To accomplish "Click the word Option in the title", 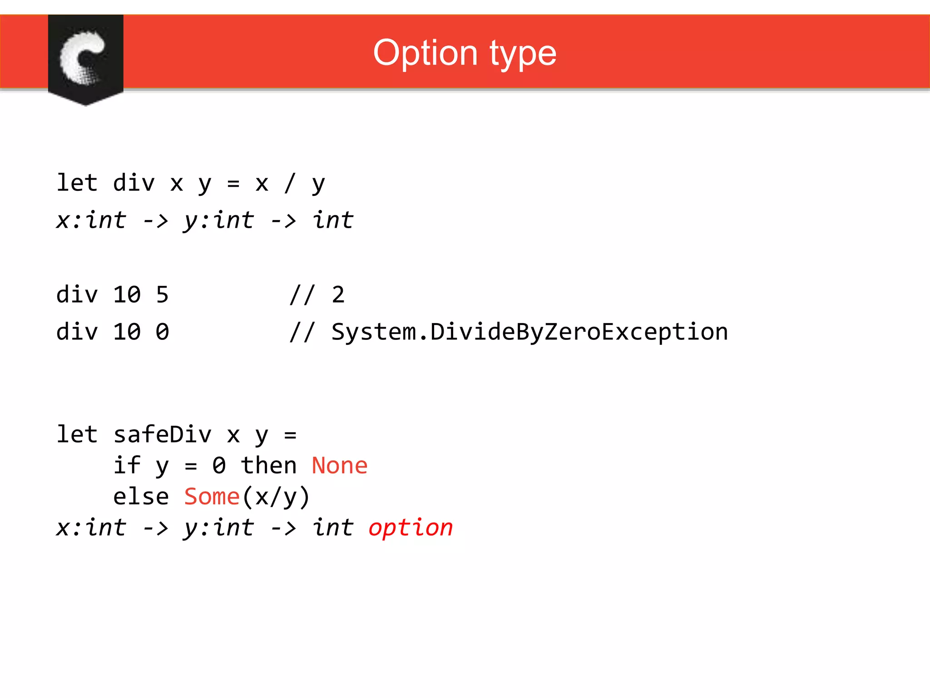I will [425, 53].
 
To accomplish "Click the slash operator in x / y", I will [290, 183].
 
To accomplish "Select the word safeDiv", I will [162, 434].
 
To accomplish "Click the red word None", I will [339, 466].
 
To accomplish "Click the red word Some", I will [212, 497].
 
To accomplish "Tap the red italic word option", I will [411, 528].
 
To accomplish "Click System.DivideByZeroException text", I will [529, 332].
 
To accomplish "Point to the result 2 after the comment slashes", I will [338, 295].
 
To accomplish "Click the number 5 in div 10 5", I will [162, 295].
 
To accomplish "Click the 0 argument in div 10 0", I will [162, 332].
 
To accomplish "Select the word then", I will [268, 466].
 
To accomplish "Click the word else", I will [141, 497].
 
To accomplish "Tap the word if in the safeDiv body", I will [127, 466].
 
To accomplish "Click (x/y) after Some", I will [276, 497].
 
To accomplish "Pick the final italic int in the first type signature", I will [332, 220].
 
